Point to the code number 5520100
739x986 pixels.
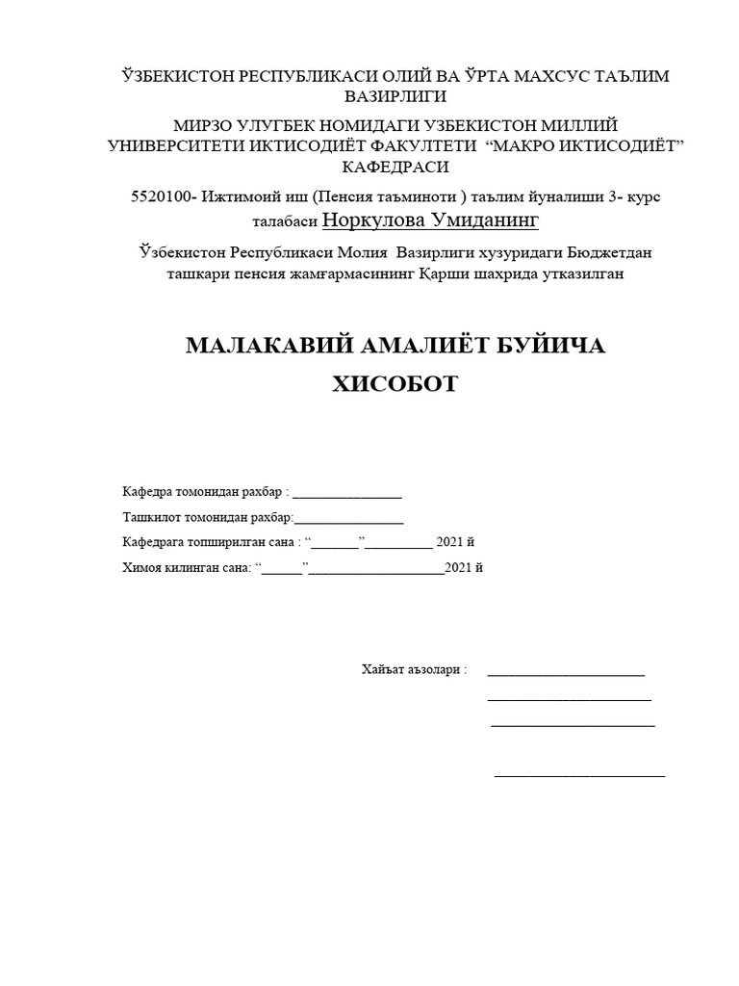[162, 196]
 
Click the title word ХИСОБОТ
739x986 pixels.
[395, 384]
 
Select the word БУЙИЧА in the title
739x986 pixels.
[548, 346]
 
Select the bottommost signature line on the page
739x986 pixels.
[579, 774]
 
